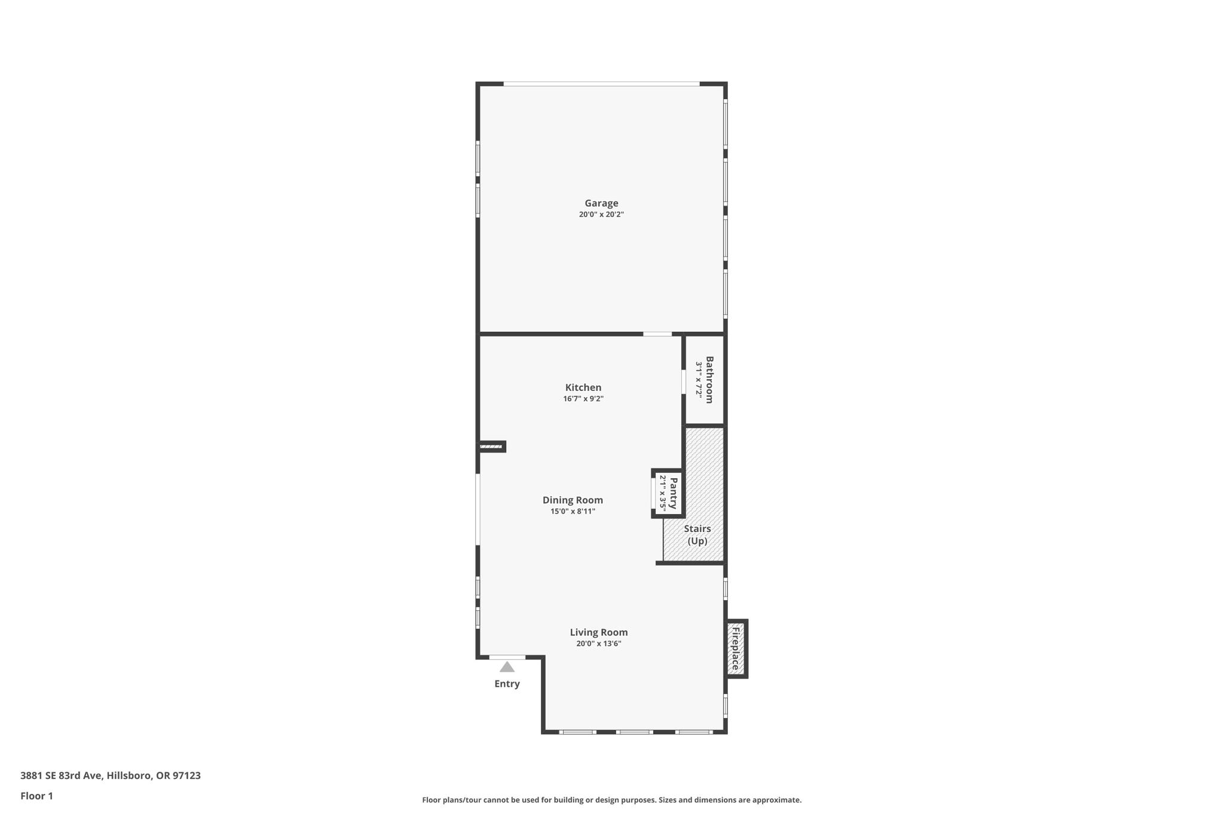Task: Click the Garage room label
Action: point(601,203)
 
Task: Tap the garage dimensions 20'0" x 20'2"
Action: point(601,215)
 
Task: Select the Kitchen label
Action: point(583,387)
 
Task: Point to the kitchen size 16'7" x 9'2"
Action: point(583,399)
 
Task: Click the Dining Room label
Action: point(573,500)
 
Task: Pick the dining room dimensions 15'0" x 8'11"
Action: point(573,511)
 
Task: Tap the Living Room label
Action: point(598,632)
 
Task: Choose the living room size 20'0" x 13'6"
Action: point(598,644)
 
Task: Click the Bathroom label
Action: point(709,380)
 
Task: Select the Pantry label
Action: point(674,493)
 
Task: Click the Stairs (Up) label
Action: point(697,535)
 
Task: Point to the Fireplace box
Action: point(736,649)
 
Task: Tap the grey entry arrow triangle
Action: point(507,667)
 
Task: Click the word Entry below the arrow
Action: point(507,684)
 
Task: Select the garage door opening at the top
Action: point(601,84)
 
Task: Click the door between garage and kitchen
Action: point(657,334)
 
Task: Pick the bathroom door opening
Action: point(684,382)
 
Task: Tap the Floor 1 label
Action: point(36,796)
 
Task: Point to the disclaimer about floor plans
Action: point(611,800)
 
